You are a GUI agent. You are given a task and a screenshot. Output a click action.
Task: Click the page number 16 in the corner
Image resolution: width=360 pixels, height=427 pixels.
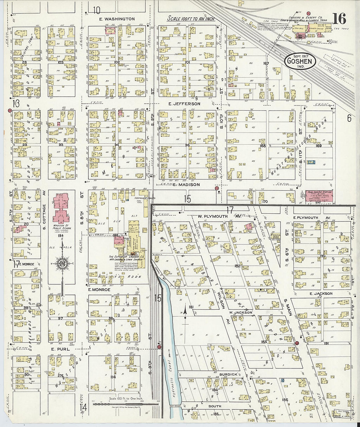tap(340, 19)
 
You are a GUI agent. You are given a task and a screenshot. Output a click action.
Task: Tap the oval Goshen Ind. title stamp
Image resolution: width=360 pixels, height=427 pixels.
tap(300, 61)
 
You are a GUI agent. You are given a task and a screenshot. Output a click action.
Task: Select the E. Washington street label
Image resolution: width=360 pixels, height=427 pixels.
tap(117, 19)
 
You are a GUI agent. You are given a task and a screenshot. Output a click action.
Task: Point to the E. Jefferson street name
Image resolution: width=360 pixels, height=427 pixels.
tap(184, 104)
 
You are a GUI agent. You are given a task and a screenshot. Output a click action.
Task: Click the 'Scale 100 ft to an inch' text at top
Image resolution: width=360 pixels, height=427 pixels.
tap(191, 19)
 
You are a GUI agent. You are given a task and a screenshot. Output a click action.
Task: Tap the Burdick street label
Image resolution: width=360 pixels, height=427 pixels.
tap(228, 374)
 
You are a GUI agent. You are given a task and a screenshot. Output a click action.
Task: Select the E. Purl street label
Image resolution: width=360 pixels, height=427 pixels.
tap(61, 349)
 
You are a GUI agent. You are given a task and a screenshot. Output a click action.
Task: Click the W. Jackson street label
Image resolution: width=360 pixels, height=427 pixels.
tap(241, 312)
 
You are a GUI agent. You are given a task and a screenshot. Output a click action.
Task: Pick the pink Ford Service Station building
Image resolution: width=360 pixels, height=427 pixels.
tap(319, 197)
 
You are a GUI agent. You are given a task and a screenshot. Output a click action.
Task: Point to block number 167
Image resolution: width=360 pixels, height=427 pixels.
tap(266, 63)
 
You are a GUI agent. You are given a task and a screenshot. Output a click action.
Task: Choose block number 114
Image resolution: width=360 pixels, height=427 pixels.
tap(113, 377)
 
